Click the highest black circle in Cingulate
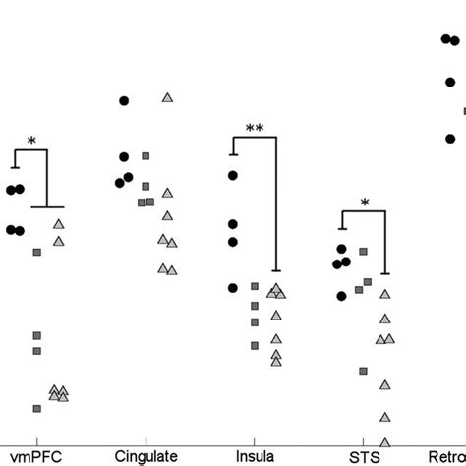click(x=124, y=100)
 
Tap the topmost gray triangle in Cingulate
click(x=167, y=97)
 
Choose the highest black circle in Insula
click(x=233, y=175)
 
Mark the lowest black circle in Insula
click(x=233, y=288)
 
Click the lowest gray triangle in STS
click(x=384, y=441)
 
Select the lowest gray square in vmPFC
click(x=37, y=408)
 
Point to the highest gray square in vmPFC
click(x=37, y=253)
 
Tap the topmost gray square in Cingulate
click(x=146, y=155)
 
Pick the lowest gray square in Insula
click(x=255, y=345)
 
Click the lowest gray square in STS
click(x=363, y=371)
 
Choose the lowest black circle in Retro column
click(x=450, y=139)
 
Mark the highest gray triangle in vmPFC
click(x=58, y=225)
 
